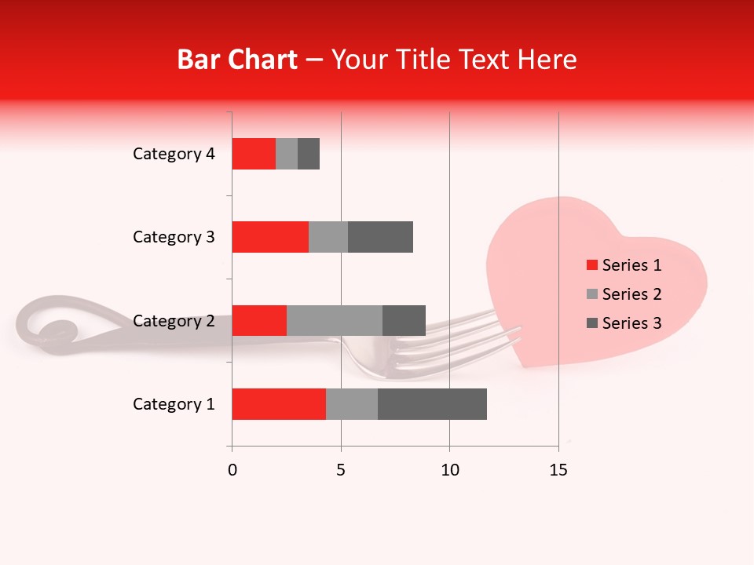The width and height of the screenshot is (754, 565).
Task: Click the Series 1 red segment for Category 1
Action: (x=279, y=404)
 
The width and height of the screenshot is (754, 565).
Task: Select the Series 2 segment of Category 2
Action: (x=335, y=320)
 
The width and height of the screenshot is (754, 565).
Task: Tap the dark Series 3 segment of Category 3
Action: (x=380, y=237)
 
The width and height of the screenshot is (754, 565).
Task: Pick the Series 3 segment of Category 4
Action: (x=309, y=154)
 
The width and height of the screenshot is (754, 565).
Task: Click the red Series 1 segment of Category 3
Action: (x=270, y=237)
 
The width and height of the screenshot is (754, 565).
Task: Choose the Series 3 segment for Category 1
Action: (x=432, y=404)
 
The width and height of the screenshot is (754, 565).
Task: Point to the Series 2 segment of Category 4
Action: (x=287, y=154)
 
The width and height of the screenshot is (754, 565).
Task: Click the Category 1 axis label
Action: (x=174, y=404)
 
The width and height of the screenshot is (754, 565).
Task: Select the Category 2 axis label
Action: (x=174, y=320)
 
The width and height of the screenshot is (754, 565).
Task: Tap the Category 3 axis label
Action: (x=174, y=237)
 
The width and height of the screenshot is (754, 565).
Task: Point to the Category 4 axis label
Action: (x=174, y=154)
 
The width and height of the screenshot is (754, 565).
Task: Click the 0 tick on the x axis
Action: (x=232, y=470)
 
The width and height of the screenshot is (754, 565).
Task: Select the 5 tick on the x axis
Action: (x=341, y=470)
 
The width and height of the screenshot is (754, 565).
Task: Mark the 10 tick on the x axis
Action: (x=449, y=470)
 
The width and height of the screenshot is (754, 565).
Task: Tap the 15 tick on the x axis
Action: (x=558, y=470)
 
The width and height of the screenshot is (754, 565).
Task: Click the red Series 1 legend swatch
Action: (x=592, y=265)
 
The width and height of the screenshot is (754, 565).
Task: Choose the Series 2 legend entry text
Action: (x=632, y=294)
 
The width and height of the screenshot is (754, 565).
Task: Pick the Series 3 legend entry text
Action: (x=632, y=323)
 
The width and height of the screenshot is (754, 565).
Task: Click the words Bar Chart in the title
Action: (x=237, y=60)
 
